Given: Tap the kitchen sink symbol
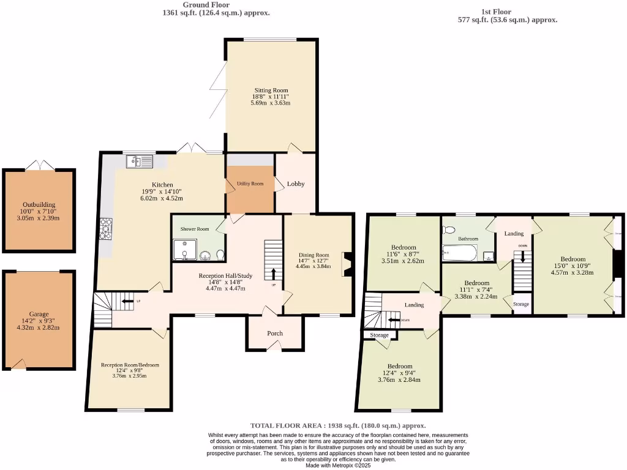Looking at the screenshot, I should coord(138,162).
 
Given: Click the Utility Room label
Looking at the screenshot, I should coord(250,184).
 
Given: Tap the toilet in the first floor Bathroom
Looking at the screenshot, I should coord(449,230).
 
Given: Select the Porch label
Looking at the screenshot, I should coord(275,334).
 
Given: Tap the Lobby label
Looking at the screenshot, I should coord(296,184).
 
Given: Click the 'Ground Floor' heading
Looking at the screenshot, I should coord(206,4).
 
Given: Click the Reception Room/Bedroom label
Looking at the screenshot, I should coord(130,365).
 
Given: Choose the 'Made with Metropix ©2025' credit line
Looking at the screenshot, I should coord(337,465).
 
